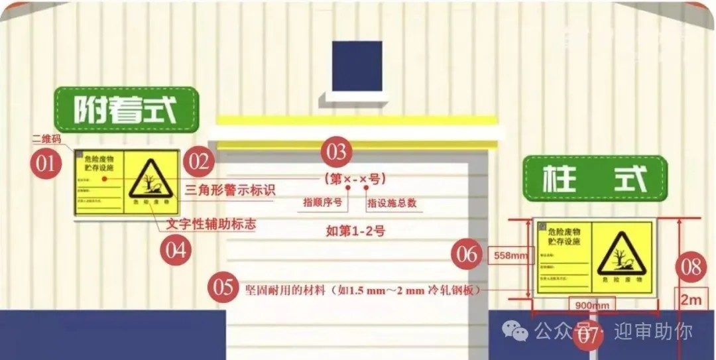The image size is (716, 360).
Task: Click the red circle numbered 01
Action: [x=45, y=162]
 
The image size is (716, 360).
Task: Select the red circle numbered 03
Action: [x=337, y=152]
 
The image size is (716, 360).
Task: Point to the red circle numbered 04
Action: [x=176, y=251]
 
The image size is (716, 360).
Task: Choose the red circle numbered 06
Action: [x=467, y=254]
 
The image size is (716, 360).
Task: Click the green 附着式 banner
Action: [x=126, y=109]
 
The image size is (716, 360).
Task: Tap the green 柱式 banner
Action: [x=594, y=178]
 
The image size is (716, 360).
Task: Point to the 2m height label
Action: [x=690, y=300]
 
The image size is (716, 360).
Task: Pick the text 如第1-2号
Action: [x=355, y=231]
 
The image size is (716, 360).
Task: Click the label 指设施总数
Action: [x=392, y=203]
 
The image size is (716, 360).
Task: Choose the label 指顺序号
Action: [x=322, y=203]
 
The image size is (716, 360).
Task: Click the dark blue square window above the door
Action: [x=357, y=66]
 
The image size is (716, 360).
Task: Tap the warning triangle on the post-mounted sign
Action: [x=621, y=254]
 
